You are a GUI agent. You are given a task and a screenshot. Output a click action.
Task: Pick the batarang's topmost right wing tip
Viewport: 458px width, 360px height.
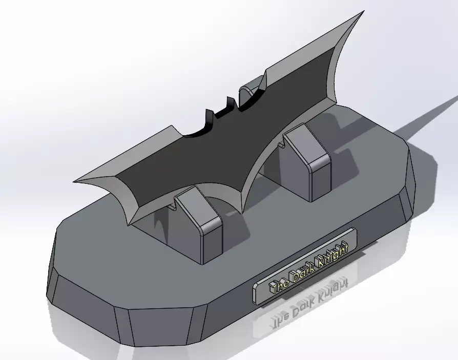pos(362,12)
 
